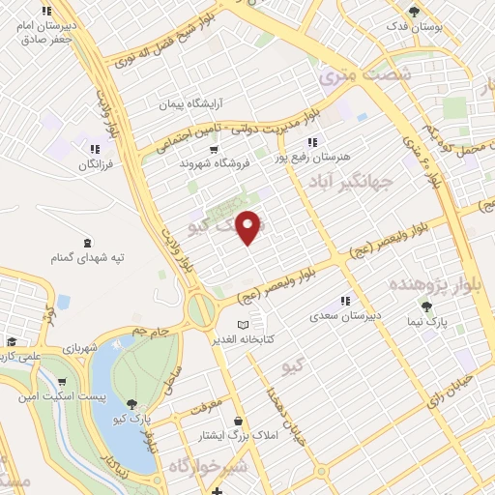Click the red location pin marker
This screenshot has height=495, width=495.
[x=249, y=228]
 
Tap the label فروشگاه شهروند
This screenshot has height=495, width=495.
[x=214, y=164]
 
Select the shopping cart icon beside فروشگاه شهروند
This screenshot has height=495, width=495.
[x=214, y=150]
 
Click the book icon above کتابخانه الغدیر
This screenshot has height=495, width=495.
[x=244, y=324]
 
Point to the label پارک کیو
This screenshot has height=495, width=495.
[x=131, y=418]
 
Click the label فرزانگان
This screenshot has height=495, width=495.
[x=96, y=164]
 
